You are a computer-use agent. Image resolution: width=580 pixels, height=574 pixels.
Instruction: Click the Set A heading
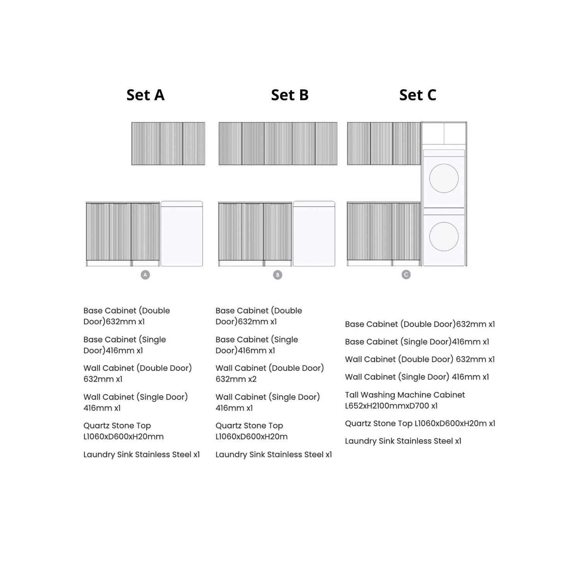click(x=145, y=95)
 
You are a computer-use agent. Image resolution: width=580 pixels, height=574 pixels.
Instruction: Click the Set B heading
click(x=290, y=95)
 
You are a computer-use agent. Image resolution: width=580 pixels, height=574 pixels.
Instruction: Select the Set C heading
click(x=418, y=95)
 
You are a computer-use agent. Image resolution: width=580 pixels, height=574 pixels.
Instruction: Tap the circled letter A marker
click(x=145, y=275)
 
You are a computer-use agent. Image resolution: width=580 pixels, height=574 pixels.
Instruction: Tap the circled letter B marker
click(x=277, y=275)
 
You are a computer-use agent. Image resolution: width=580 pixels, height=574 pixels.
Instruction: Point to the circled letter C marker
click(x=406, y=274)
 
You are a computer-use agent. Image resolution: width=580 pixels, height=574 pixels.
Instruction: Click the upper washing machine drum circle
click(x=444, y=178)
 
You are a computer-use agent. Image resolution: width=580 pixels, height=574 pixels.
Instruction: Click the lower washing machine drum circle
click(x=444, y=237)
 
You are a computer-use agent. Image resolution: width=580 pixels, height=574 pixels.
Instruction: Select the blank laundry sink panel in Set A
click(x=182, y=234)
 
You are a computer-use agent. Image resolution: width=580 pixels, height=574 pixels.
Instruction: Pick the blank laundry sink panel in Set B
click(x=314, y=234)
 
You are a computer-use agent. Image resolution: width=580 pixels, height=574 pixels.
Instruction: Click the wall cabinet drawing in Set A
click(x=168, y=144)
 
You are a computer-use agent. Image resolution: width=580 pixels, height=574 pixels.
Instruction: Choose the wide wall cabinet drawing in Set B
click(x=278, y=144)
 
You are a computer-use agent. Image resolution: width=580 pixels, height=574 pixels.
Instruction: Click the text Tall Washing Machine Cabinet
click(x=405, y=395)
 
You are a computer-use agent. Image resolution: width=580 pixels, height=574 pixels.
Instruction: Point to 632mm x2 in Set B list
click(x=236, y=379)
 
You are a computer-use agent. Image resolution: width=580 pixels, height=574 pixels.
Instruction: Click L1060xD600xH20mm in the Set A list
click(x=123, y=437)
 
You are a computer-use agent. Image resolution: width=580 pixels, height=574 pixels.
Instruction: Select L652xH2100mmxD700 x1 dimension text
click(x=391, y=406)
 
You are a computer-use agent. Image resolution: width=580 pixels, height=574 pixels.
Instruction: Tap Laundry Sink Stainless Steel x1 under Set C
click(x=403, y=441)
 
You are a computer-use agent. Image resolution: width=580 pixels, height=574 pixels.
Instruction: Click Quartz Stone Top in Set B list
click(x=249, y=426)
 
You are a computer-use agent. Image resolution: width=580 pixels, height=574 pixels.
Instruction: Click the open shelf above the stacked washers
click(x=444, y=134)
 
